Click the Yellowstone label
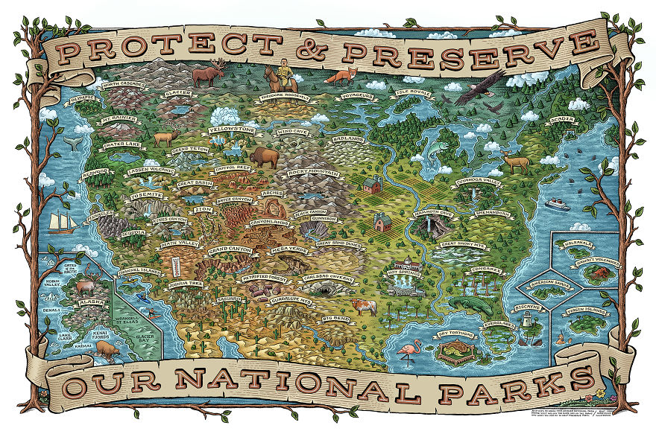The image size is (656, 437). coord(233,129)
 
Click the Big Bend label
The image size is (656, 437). coord(338,318)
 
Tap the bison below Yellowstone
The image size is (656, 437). coord(264,157)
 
